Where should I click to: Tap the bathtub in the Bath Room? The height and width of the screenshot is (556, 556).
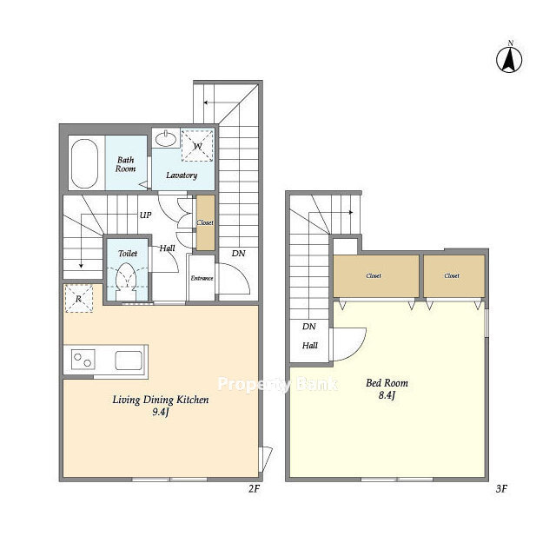[x=84, y=163]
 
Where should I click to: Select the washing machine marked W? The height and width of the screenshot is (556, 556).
[x=197, y=145]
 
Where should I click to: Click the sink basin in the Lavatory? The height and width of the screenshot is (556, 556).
[x=166, y=138]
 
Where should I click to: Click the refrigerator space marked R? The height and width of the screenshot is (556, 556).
[x=79, y=299]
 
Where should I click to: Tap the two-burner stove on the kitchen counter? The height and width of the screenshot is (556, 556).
[x=83, y=359]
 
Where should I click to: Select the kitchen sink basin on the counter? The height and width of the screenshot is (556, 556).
[x=129, y=360]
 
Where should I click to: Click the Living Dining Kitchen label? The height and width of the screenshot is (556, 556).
[x=161, y=400]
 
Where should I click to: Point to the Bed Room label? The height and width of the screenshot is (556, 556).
[x=387, y=383]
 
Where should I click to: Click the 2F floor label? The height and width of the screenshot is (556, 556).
[x=254, y=489]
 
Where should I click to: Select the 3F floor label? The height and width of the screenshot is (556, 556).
[x=501, y=489]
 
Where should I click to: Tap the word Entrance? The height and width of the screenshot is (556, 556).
[x=202, y=278]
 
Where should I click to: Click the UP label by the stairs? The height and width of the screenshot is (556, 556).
[x=145, y=215]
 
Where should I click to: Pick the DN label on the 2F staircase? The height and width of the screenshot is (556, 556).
[x=238, y=253]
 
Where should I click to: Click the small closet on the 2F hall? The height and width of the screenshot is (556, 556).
[x=205, y=222]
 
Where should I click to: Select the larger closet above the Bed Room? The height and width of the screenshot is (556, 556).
[x=376, y=276]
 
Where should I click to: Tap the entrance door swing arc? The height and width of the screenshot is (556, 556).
[x=242, y=274]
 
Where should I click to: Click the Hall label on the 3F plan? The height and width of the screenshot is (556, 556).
[x=309, y=345]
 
